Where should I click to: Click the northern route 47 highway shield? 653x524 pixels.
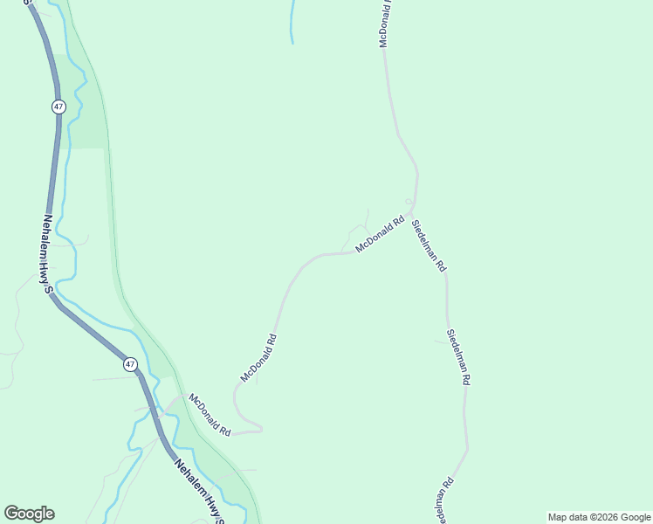(58, 106)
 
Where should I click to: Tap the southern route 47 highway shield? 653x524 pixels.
(130, 364)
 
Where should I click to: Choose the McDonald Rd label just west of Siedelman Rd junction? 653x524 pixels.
(381, 235)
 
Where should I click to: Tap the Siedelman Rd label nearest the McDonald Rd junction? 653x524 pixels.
(429, 245)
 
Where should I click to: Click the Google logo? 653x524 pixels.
(29, 514)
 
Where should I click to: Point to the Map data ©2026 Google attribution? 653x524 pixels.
(600, 517)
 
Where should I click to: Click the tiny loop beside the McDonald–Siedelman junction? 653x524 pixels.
(408, 202)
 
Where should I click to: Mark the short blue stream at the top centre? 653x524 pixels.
(292, 22)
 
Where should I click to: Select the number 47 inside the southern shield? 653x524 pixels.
(130, 364)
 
